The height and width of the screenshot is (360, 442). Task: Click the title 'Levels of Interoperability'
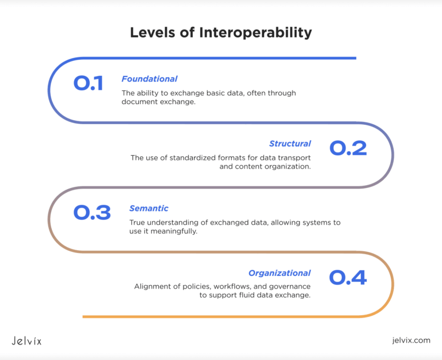coord(221,32)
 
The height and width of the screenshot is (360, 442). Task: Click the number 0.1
coord(88,84)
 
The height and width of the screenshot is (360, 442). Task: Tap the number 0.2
coord(348,148)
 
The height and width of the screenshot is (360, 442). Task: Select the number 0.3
coord(92,213)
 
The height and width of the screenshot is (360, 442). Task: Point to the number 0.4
coord(348,278)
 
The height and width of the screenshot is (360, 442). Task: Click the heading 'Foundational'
coord(149,79)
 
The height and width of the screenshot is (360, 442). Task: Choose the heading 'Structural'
coord(290,144)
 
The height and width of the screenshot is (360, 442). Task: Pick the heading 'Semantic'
coord(148,208)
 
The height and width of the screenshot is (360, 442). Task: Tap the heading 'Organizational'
coord(279,273)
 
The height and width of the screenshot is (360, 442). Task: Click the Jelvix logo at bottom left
coord(26,340)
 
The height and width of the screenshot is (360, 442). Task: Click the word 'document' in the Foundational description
coord(138,102)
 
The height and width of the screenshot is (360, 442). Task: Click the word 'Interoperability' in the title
coord(256,32)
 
